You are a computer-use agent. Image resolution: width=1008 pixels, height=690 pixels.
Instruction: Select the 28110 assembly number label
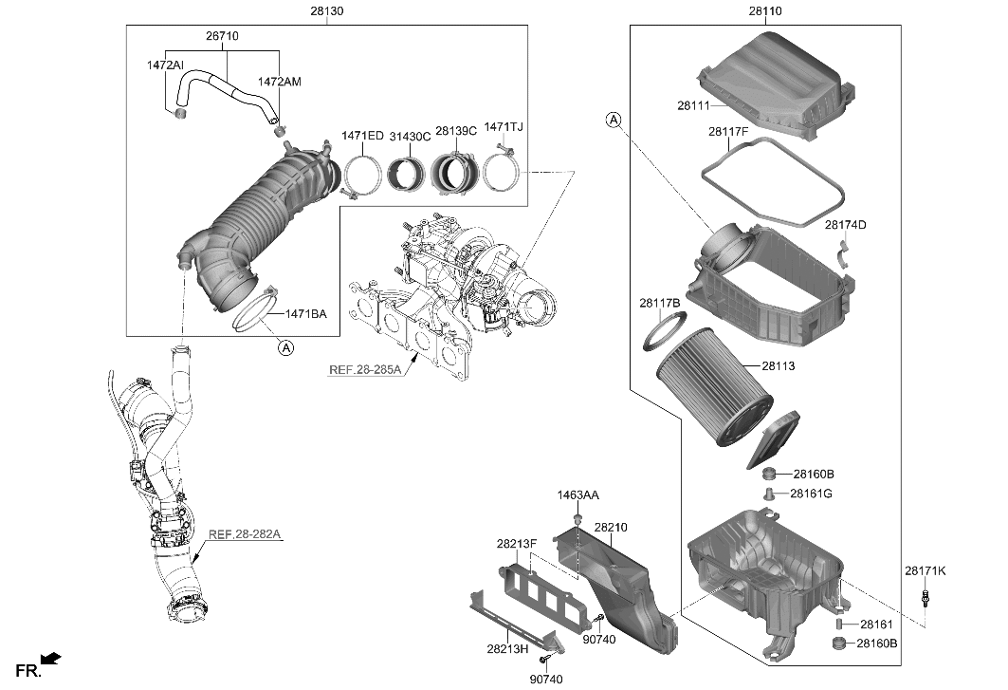(x=764, y=11)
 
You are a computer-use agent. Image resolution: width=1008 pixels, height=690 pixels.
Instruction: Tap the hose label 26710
(x=222, y=36)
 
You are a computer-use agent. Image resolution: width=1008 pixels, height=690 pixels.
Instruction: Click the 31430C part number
(x=409, y=136)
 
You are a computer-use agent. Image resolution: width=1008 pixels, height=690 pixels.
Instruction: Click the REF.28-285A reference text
(x=365, y=369)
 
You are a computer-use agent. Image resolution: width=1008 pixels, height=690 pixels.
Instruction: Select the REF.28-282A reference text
(x=245, y=534)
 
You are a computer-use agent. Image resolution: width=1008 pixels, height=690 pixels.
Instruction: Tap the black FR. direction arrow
(x=51, y=657)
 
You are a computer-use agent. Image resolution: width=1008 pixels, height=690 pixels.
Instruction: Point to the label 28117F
(x=727, y=133)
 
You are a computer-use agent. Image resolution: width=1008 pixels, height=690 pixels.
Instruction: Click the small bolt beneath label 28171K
(x=925, y=599)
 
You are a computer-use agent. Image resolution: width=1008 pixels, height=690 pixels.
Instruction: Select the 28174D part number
(x=845, y=225)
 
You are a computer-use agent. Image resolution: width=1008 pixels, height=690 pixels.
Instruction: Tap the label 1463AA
(x=577, y=495)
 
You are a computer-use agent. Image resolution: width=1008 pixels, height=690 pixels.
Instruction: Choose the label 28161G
(x=814, y=493)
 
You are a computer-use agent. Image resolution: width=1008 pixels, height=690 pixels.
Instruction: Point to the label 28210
(x=611, y=527)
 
